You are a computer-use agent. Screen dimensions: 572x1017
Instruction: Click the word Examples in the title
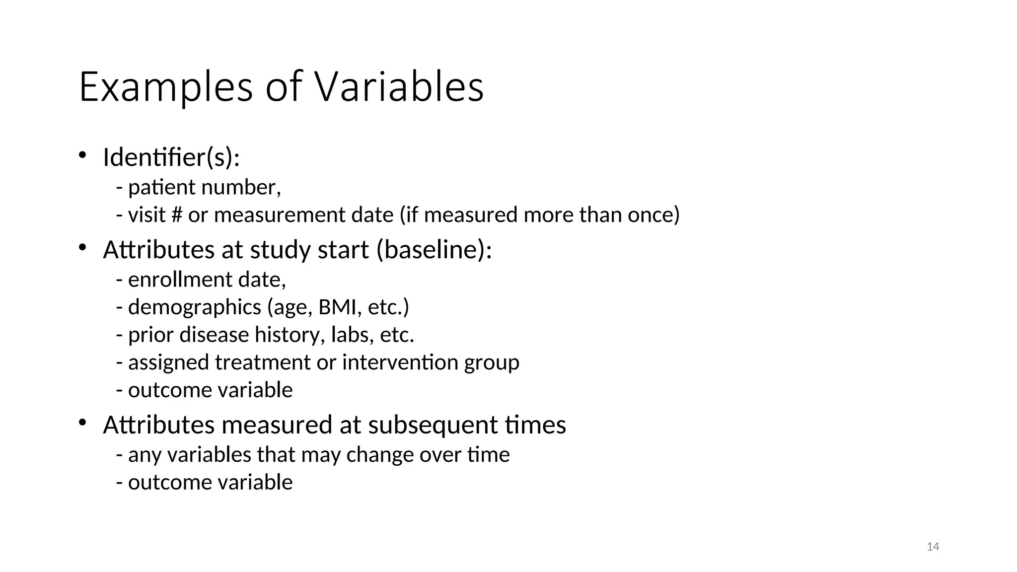[x=166, y=87]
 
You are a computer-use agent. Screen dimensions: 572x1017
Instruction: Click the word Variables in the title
[x=399, y=87]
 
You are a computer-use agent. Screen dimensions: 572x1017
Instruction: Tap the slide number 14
[x=933, y=547]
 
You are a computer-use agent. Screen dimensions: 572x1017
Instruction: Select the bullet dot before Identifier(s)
[x=82, y=155]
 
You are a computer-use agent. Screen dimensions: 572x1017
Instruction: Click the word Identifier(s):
[x=171, y=158]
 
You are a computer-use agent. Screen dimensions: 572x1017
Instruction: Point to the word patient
[x=161, y=188]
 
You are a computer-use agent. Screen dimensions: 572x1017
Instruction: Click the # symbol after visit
[x=177, y=215]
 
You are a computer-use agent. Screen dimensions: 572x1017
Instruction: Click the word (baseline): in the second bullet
[x=434, y=249]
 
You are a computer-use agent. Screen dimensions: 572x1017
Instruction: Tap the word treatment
[x=262, y=362]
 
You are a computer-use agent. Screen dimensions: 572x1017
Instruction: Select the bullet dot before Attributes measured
[x=82, y=423]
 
